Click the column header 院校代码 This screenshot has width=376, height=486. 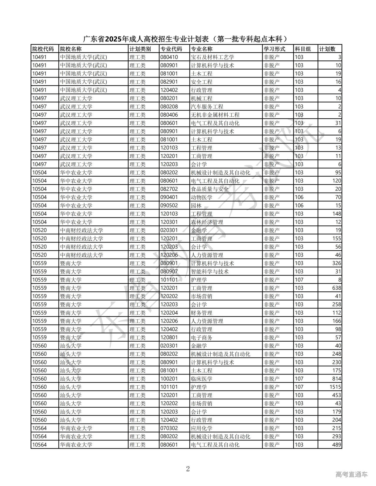coord(43,49)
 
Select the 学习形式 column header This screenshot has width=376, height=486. coord(274,49)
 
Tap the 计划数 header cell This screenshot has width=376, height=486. coord(327,49)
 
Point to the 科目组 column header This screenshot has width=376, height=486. coord(303,49)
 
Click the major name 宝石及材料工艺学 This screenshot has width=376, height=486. coord(212,57)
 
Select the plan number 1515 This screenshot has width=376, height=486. coord(335,387)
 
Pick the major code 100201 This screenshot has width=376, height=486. coord(169,379)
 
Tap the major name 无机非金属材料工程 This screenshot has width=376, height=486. coord(215,115)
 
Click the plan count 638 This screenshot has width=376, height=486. coord(337,288)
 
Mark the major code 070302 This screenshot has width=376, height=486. coord(169,428)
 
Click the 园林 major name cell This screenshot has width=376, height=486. coord(196,205)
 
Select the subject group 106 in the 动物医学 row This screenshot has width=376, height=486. coord(299,197)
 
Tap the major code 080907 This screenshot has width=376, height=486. coord(169,271)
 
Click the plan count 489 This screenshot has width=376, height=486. coord(337,445)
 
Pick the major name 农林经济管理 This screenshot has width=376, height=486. coord(207,222)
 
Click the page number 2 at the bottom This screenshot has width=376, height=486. coord(188,469)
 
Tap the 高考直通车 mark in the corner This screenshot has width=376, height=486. coord(351,474)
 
